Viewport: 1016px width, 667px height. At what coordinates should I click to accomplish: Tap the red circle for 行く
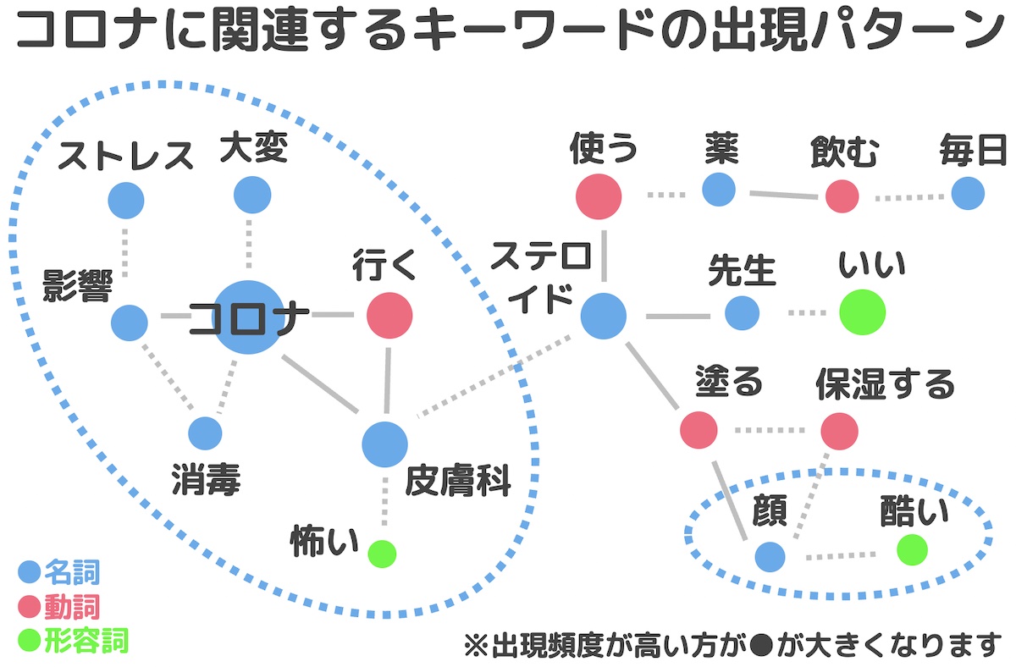tap(389, 316)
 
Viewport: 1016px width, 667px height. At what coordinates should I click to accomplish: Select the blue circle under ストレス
tap(126, 201)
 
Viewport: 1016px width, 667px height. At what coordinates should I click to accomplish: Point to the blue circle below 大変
tap(252, 195)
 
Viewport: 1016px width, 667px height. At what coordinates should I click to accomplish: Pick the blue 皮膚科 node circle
tap(384, 444)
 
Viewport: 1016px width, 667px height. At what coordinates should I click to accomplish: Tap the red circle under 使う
tap(599, 196)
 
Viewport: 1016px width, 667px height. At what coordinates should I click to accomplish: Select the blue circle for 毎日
tap(968, 194)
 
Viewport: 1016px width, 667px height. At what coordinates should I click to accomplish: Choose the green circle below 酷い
tap(912, 549)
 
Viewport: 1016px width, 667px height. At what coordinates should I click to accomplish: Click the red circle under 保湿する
tap(839, 430)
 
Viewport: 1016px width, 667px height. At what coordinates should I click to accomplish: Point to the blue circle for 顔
tap(770, 556)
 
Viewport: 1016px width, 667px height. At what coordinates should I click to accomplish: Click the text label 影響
tap(78, 288)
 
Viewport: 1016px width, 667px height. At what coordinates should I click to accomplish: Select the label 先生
tap(742, 271)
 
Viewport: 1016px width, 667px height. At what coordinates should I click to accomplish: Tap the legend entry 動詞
tap(72, 606)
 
